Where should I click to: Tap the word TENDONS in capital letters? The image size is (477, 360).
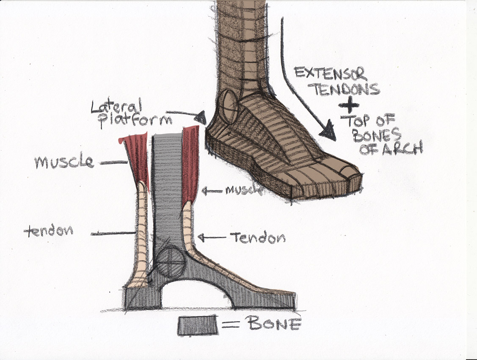click(345, 89)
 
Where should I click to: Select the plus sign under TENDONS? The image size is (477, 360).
click(349, 105)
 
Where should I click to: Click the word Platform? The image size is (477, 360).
click(135, 121)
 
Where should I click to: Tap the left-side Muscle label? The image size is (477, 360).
click(64, 162)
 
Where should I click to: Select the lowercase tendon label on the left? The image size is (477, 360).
click(49, 231)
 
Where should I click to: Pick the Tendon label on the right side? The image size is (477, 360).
click(258, 237)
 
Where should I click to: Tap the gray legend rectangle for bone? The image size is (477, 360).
click(198, 325)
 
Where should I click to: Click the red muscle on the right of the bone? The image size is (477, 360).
click(190, 164)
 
